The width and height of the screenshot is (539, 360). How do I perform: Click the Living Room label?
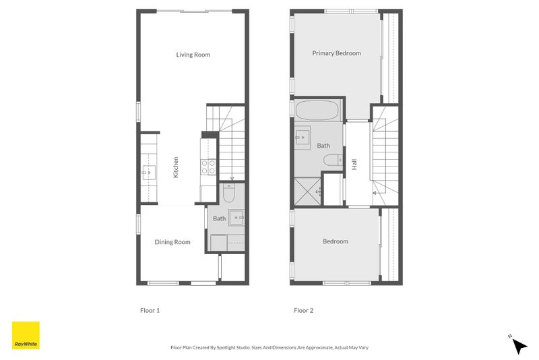tap(193, 55)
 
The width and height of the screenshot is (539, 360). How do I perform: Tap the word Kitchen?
tap(176, 167)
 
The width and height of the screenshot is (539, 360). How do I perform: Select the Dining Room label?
tap(173, 242)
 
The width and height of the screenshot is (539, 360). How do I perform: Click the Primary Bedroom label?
tap(336, 53)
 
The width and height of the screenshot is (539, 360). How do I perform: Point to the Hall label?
tap(354, 164)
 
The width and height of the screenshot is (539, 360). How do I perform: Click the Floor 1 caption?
tap(150, 311)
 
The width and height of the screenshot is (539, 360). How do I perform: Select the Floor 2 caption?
tap(303, 311)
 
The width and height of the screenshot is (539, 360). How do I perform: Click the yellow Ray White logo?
tap(26, 335)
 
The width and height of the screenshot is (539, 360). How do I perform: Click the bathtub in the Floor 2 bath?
tap(319, 110)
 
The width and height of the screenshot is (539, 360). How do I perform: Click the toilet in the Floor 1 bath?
tap(228, 194)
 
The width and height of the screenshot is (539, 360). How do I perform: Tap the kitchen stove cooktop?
tap(208, 167)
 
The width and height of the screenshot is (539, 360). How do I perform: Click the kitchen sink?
tap(148, 173)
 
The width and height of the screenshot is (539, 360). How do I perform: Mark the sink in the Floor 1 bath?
tap(236, 217)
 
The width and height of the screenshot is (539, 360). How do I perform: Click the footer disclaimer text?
tap(269, 348)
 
